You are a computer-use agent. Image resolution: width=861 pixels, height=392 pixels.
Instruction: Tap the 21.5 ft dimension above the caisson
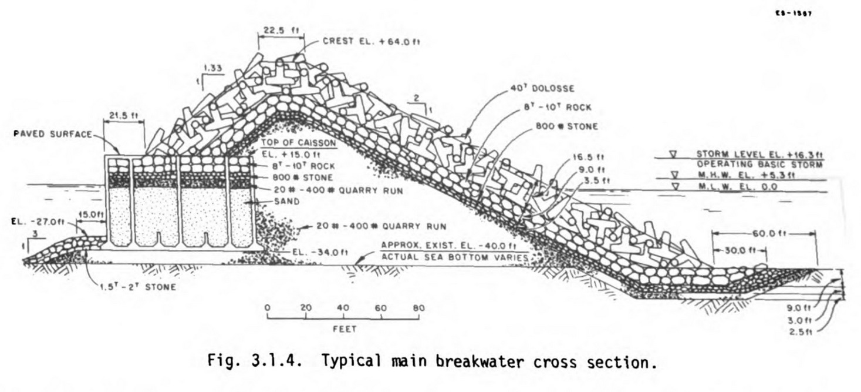point(124,116)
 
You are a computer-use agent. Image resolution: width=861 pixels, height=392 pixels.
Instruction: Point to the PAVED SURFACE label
point(53,135)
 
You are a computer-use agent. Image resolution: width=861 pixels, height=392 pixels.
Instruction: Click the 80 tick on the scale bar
point(418,308)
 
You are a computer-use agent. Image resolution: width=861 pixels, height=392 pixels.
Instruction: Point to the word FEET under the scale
point(345,329)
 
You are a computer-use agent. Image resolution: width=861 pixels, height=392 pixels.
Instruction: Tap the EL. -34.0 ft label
point(320,253)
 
